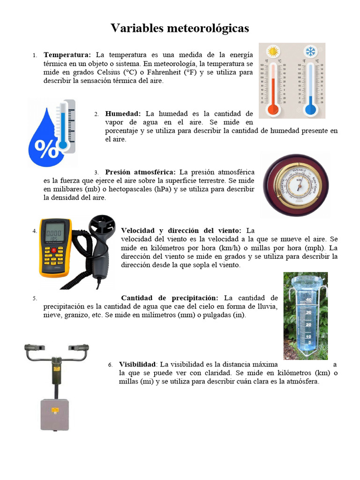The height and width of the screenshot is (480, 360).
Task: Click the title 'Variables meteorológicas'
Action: point(180,29)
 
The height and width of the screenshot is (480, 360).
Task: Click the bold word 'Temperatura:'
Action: point(67,55)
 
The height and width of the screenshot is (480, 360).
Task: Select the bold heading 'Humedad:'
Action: point(123,113)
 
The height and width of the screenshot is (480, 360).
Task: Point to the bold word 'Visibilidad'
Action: point(137,364)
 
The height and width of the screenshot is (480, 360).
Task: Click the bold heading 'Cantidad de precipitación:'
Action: point(169,298)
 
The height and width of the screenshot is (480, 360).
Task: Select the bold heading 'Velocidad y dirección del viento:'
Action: point(181,231)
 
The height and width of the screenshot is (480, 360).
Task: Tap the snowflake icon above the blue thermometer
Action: point(310,52)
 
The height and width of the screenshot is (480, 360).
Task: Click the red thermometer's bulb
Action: point(272,110)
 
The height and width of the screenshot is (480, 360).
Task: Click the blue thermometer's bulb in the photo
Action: point(310,110)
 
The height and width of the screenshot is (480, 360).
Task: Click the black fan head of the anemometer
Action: point(102,228)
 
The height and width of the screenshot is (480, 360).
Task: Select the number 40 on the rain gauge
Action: point(308,300)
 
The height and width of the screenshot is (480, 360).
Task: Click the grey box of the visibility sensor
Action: point(54,413)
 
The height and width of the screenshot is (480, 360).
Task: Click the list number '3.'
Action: point(96,172)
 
